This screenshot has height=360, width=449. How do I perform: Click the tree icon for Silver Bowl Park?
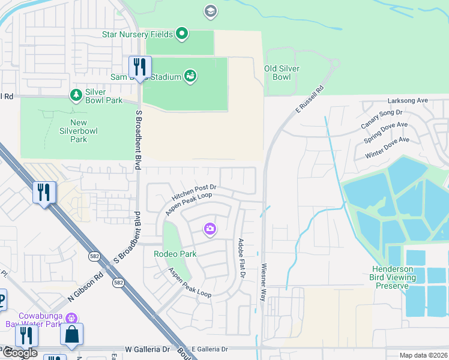tap(76, 95)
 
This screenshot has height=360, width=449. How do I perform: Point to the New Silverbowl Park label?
tap(78, 131)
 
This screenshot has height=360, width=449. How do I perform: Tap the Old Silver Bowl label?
tap(282, 73)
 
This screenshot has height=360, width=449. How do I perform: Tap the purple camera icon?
tap(210, 229)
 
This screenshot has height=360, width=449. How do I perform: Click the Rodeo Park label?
tap(175, 254)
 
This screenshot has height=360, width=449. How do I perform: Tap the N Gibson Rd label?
tap(85, 287)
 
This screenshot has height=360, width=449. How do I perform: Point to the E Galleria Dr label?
tap(209, 349)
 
